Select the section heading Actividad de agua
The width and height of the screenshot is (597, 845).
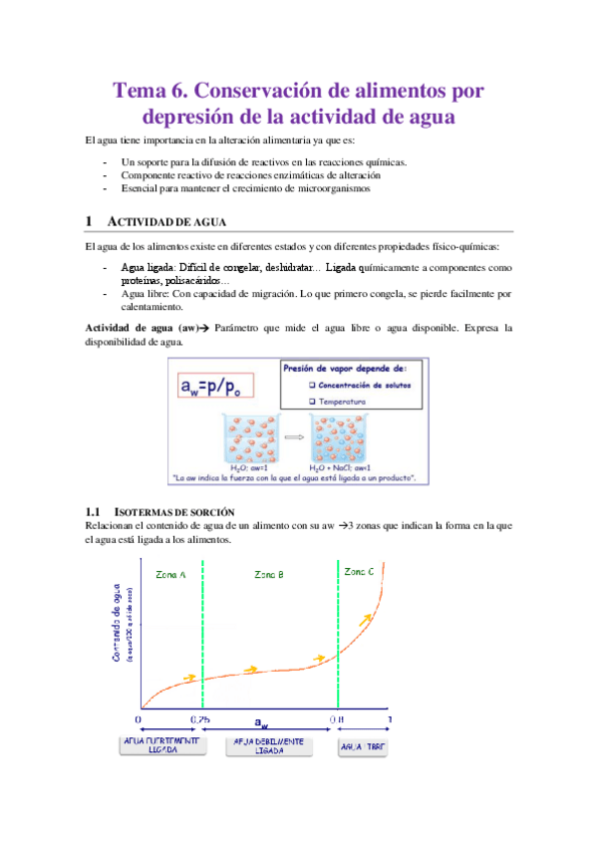coord(167,221)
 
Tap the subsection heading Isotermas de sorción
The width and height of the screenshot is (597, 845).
coord(160,510)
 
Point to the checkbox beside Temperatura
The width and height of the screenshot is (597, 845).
coord(313,402)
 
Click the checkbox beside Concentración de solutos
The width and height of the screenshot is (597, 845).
coord(313,385)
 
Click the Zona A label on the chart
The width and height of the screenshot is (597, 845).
coord(170,575)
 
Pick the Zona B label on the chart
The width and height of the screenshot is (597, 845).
coord(269,575)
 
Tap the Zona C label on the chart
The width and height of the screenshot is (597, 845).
coord(360,572)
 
